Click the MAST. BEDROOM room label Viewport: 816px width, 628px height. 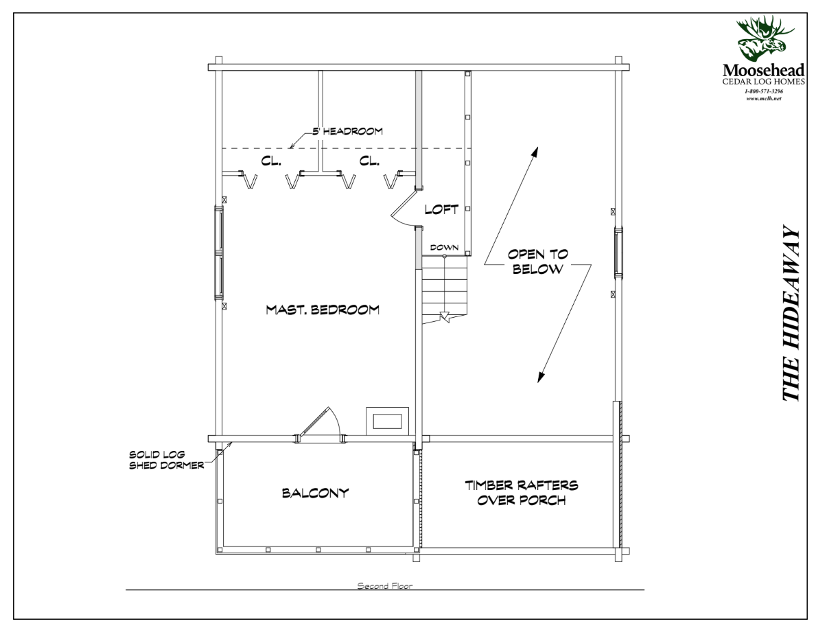tap(323, 310)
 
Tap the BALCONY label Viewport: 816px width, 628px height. tap(316, 493)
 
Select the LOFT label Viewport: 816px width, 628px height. tap(441, 210)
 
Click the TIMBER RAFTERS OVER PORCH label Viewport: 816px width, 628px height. tap(522, 493)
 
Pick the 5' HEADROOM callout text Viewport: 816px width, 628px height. tap(347, 130)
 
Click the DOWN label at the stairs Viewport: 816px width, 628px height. tap(444, 247)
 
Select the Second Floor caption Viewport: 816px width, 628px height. tap(384, 586)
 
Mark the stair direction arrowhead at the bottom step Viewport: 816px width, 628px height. tap(444, 317)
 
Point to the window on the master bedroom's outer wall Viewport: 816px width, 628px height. tap(219, 254)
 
